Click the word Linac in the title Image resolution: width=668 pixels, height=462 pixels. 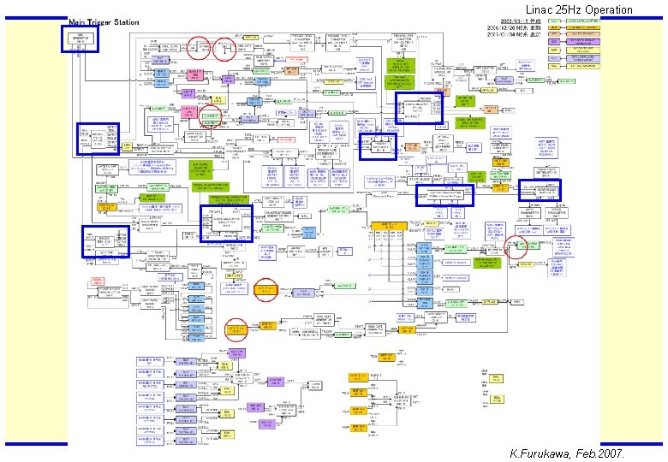(540, 10)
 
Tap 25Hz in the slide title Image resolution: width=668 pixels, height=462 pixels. (569, 10)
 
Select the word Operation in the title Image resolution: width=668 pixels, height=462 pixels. (608, 10)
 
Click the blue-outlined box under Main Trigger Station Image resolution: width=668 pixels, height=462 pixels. (80, 39)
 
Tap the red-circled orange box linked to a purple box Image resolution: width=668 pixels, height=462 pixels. (266, 291)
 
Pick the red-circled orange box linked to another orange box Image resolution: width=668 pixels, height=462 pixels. (236, 329)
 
